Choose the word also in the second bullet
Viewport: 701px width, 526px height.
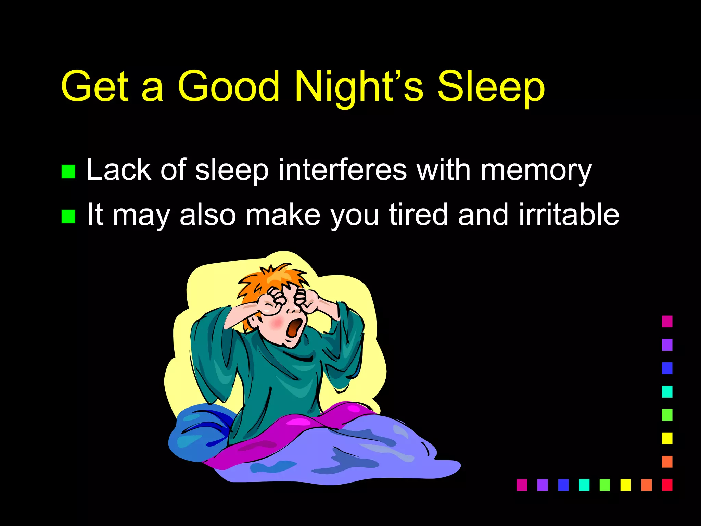[x=208, y=215]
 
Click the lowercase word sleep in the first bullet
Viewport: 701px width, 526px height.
[x=232, y=171]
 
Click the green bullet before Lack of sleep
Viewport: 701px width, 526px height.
[x=68, y=172]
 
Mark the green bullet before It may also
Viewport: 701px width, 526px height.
[x=68, y=216]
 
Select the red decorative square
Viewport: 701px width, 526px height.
[x=667, y=485]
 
